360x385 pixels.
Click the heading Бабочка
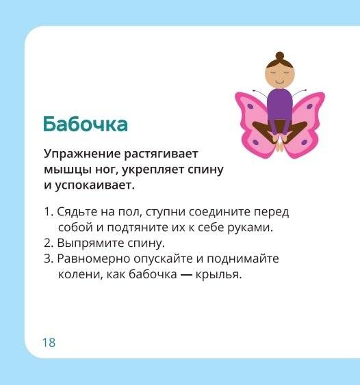(x=85, y=124)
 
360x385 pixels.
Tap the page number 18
(x=49, y=343)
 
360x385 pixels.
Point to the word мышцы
(x=64, y=169)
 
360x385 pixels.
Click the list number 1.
(x=46, y=212)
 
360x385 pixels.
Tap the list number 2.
(x=47, y=243)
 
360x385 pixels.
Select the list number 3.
(x=47, y=260)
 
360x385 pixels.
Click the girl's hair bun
(x=280, y=55)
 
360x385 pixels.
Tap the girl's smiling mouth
(x=280, y=81)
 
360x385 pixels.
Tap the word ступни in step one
(x=171, y=212)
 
